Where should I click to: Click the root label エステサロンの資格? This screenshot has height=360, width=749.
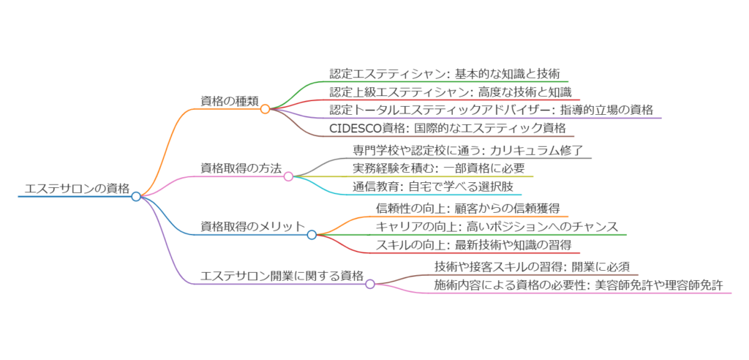[77, 189]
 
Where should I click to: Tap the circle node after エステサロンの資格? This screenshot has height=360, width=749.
[136, 196]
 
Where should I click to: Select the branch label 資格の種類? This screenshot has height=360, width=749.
[228, 101]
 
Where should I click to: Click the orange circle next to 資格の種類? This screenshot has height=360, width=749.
[266, 109]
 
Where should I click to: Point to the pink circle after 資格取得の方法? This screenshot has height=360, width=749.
[288, 176]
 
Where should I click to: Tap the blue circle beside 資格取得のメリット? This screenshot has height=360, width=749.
[312, 235]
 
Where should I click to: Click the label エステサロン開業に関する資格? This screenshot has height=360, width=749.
[282, 276]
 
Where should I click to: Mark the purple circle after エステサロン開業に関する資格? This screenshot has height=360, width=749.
[370, 284]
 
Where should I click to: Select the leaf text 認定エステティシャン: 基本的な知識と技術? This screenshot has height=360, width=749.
[445, 73]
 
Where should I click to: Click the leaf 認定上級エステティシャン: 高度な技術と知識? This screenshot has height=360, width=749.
[450, 91]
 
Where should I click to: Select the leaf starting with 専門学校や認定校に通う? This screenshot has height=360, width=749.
[467, 150]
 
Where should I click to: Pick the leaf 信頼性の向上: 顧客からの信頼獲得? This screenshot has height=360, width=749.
[467, 208]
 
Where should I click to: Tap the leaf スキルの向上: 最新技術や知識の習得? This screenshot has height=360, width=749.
[473, 244]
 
